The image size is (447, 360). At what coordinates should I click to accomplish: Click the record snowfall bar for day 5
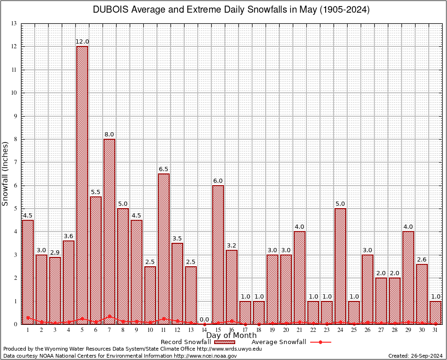click(x=82, y=185)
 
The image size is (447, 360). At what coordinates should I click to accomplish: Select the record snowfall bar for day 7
click(x=109, y=232)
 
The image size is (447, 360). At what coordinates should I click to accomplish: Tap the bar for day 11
click(x=164, y=249)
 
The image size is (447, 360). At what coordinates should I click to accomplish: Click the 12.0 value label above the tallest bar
click(x=82, y=42)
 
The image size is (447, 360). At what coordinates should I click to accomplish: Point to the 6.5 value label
click(x=164, y=169)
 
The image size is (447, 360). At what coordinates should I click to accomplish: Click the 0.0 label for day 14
click(x=204, y=320)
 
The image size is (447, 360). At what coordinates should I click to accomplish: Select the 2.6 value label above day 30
click(x=422, y=260)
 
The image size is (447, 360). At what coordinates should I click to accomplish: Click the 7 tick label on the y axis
click(x=15, y=162)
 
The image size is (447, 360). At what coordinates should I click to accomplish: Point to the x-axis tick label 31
click(x=435, y=330)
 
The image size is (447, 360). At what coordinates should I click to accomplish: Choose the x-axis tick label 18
click(x=259, y=330)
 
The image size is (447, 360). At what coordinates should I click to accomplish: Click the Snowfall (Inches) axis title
click(x=5, y=173)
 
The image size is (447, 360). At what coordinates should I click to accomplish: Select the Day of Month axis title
click(x=231, y=336)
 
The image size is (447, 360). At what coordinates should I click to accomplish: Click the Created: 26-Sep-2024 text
click(x=415, y=356)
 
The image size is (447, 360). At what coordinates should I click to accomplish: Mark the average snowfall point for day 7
click(x=109, y=316)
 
